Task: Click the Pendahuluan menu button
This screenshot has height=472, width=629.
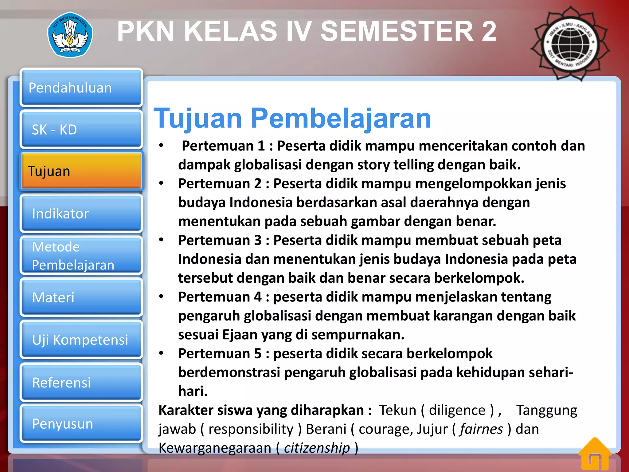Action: pos(81,88)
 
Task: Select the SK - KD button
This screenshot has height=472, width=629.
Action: pos(81,129)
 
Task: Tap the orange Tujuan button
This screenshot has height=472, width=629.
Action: pos(81,171)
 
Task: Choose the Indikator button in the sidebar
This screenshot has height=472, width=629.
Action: pos(81,213)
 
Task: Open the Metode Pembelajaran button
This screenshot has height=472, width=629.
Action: pos(81,255)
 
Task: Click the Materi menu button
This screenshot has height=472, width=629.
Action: pos(81,297)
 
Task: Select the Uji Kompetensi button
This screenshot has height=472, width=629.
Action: pos(81,340)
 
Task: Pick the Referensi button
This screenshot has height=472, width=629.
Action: pos(81,382)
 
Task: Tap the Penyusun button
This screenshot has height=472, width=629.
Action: pos(81,423)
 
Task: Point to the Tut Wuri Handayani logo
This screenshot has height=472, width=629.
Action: pos(70,35)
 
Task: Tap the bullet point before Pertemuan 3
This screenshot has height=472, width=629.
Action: pos(161,240)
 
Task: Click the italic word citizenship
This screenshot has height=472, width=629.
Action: pos(317,448)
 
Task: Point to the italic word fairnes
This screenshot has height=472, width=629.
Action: pos(481,429)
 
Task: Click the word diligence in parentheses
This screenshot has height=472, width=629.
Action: pos(457,410)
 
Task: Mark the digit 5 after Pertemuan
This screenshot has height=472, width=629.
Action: pos(258,353)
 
